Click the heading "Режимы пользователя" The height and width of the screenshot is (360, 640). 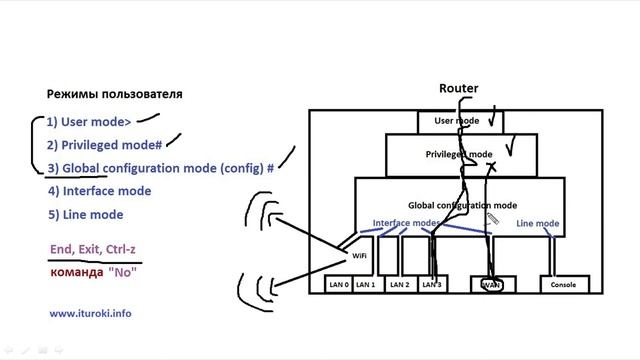click(x=114, y=95)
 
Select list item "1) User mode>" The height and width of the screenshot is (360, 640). click(x=89, y=122)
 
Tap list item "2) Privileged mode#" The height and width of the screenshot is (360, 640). click(x=104, y=145)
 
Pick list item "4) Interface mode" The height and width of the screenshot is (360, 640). click(x=99, y=190)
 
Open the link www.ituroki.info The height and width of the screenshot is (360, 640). click(x=90, y=313)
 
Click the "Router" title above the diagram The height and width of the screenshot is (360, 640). click(x=459, y=88)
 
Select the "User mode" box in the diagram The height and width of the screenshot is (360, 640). click(x=458, y=121)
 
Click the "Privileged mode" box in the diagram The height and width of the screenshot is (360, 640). click(x=459, y=155)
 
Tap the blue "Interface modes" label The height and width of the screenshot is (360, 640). click(x=405, y=223)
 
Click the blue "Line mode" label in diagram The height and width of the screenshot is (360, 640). click(x=538, y=223)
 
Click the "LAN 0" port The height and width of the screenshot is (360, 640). click(x=339, y=285)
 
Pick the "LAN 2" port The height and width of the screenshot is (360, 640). click(x=399, y=285)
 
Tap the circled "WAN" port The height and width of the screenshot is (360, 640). click(x=491, y=285)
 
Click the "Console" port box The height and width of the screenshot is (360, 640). click(x=563, y=285)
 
